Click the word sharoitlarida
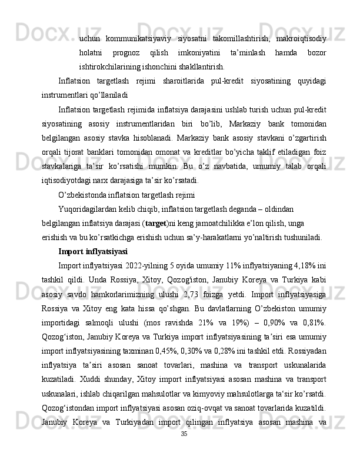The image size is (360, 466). click(x=185, y=80)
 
